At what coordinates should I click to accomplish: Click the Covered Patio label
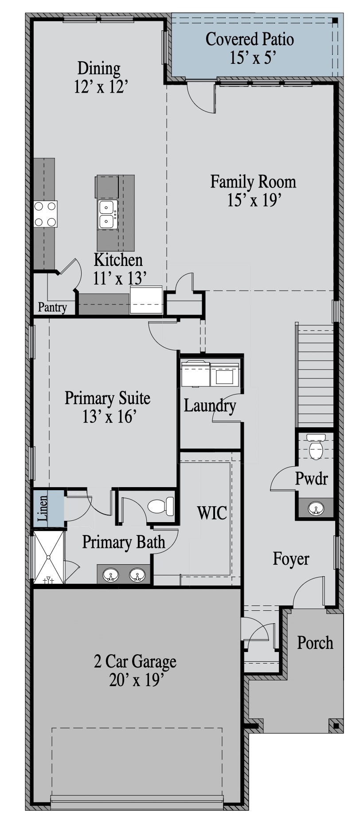250,39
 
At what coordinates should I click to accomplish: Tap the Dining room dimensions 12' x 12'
101,86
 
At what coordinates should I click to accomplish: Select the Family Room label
253,182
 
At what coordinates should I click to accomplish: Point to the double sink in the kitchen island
108,214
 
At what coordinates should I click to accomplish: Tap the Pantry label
52,307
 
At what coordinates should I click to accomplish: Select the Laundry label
210,406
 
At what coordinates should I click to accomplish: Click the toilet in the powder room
316,447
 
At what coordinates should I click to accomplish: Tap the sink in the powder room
316,508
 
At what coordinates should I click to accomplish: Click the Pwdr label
312,479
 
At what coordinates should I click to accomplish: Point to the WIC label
212,513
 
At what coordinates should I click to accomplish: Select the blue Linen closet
48,508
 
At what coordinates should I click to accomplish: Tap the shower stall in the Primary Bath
49,557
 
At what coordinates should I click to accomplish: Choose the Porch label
315,642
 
